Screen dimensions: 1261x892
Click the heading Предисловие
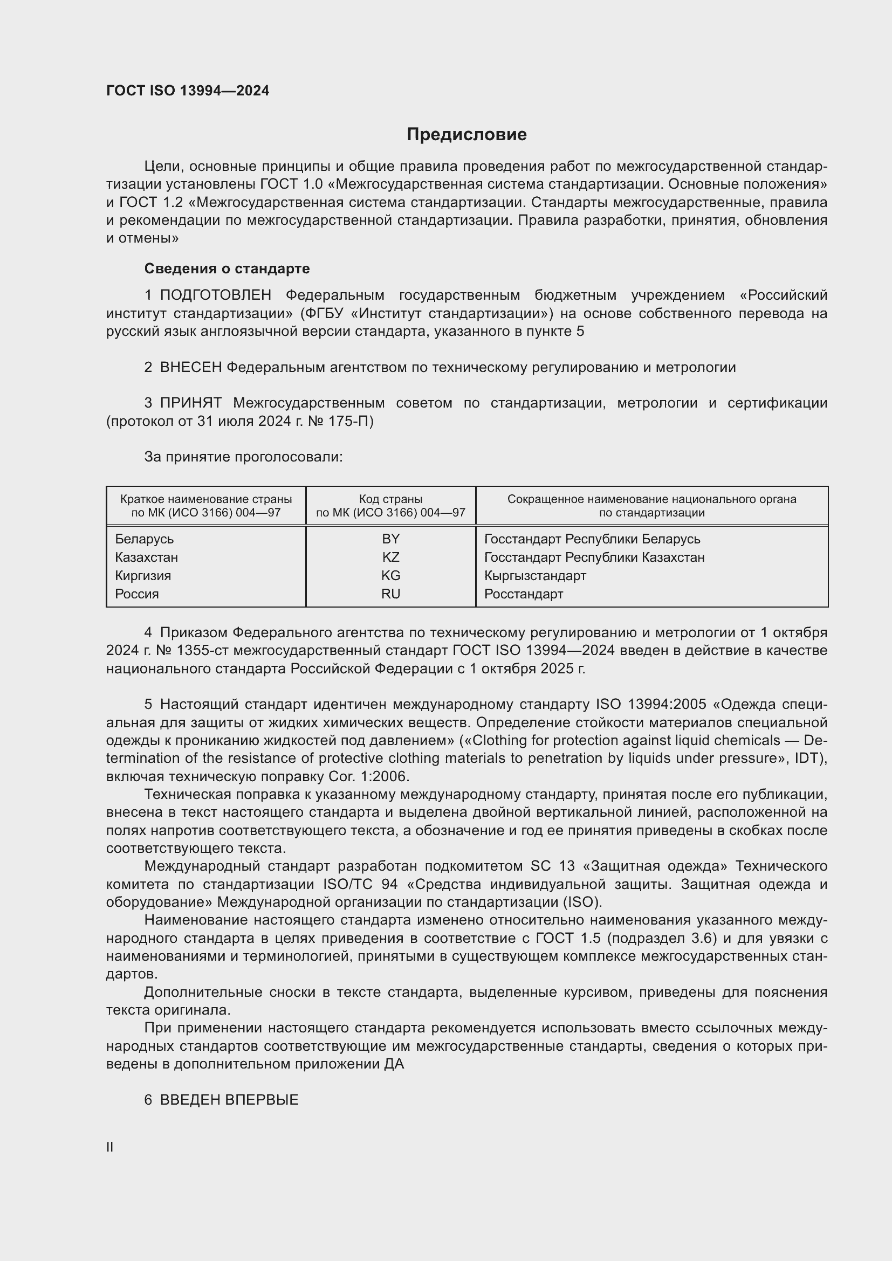(466, 135)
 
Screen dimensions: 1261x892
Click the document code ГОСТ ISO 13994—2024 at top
(188, 91)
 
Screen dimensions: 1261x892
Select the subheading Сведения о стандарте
(227, 268)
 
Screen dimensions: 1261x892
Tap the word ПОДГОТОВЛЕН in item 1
(215, 295)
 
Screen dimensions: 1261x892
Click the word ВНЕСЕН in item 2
(190, 368)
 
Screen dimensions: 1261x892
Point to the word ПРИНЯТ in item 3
(190, 403)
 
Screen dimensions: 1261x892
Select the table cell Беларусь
(145, 539)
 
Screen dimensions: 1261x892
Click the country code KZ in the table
(390, 557)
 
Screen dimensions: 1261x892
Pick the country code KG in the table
(390, 576)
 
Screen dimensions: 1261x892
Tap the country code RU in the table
(390, 594)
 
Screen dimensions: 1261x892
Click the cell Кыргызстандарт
(535, 576)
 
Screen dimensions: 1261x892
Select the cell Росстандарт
(524, 594)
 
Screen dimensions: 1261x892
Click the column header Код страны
(390, 499)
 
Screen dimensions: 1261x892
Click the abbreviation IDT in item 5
(811, 759)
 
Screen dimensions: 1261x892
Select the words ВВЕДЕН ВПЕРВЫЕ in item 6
(229, 1100)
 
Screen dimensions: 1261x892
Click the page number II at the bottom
(110, 1147)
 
